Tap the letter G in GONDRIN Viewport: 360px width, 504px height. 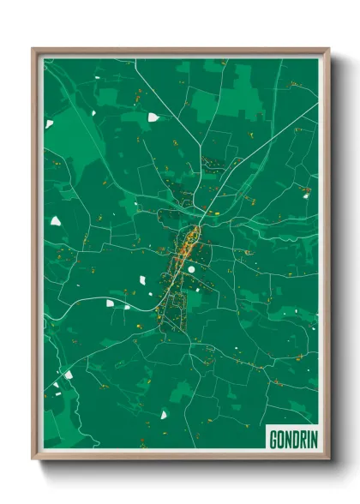coord(273,440)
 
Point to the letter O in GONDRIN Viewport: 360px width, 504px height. coord(280,440)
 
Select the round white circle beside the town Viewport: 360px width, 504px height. coord(192,269)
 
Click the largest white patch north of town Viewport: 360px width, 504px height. coord(153,117)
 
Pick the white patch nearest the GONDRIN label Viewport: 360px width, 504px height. coord(163,416)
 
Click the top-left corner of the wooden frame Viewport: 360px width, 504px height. coord(33,49)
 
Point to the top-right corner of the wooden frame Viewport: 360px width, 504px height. coord(328,49)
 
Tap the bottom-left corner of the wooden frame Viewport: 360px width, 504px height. coord(33,459)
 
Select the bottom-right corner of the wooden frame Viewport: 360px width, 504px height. coord(328,459)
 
